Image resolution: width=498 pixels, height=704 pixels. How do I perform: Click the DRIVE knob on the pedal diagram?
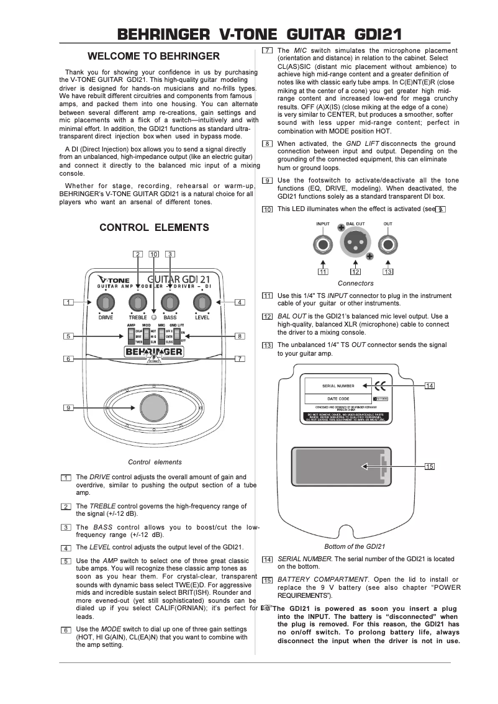coord(106,303)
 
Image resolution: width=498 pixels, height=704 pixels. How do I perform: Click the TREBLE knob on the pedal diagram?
coord(137,303)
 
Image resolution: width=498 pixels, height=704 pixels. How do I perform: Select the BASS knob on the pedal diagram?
coord(168,303)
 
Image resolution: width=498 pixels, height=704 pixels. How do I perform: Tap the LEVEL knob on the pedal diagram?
coord(199,303)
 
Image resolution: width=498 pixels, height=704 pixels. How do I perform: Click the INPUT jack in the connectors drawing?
coord(324,243)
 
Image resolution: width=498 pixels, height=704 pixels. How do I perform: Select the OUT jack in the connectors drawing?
coord(387,243)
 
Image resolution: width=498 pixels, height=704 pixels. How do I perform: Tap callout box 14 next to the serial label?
coord(429,386)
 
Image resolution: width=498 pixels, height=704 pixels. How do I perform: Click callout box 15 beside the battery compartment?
coord(429,466)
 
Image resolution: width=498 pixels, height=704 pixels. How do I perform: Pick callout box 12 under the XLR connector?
coord(355,271)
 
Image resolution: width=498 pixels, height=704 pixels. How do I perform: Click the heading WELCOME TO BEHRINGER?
coord(153,56)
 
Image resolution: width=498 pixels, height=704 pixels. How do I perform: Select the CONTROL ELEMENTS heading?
coord(154,228)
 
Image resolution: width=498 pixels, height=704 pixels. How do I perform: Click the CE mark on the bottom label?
coord(378,385)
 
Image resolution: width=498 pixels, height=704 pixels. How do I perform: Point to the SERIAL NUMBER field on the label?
coord(337,386)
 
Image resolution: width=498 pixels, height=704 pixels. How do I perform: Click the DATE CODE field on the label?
coord(337,398)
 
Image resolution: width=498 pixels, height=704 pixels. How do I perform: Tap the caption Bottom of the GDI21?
coord(355,546)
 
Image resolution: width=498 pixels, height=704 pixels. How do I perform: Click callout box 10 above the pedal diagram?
coord(153,253)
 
